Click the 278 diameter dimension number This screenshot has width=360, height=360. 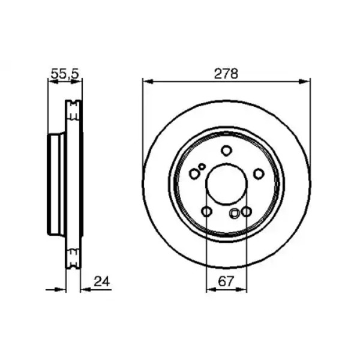point(226,74)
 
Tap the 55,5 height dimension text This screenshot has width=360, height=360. point(65,74)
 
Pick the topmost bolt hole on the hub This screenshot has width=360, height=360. point(226,151)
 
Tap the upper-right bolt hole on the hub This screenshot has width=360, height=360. point(259,173)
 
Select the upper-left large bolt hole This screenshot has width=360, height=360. point(194,174)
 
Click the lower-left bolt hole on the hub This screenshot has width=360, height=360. point(206,211)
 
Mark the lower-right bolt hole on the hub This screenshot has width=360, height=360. point(247,211)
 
